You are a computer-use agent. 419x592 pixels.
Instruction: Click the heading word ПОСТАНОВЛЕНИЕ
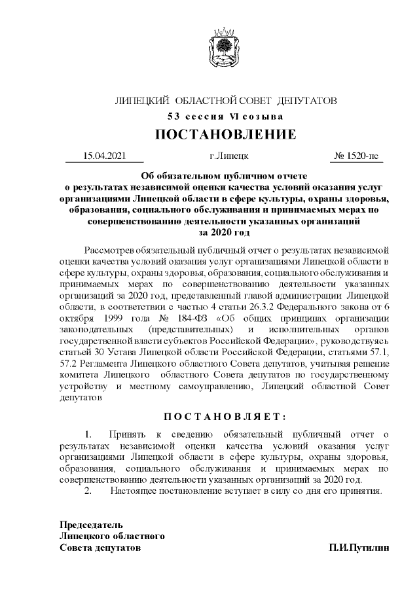click(225, 135)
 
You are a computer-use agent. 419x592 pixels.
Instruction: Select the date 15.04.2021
click(104, 156)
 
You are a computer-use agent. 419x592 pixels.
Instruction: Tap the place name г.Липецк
click(225, 156)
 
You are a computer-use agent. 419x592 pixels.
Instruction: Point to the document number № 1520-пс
click(355, 156)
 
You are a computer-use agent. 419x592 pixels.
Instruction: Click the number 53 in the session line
click(173, 117)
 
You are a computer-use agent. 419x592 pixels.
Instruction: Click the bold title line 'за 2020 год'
click(225, 232)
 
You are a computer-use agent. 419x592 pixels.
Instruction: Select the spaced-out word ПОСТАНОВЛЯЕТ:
click(225, 416)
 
